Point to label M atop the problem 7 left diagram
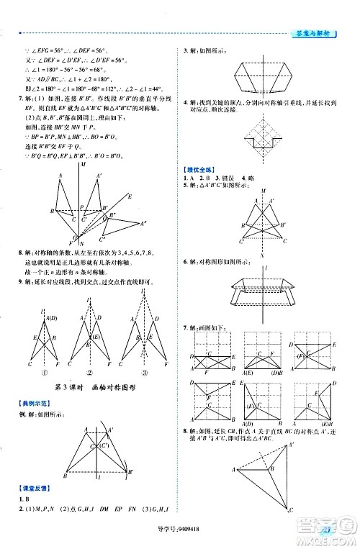[x=83, y=165]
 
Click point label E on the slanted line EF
[x=130, y=195]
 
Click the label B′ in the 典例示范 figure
[x=132, y=471]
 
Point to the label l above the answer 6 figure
[x=267, y=267]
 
